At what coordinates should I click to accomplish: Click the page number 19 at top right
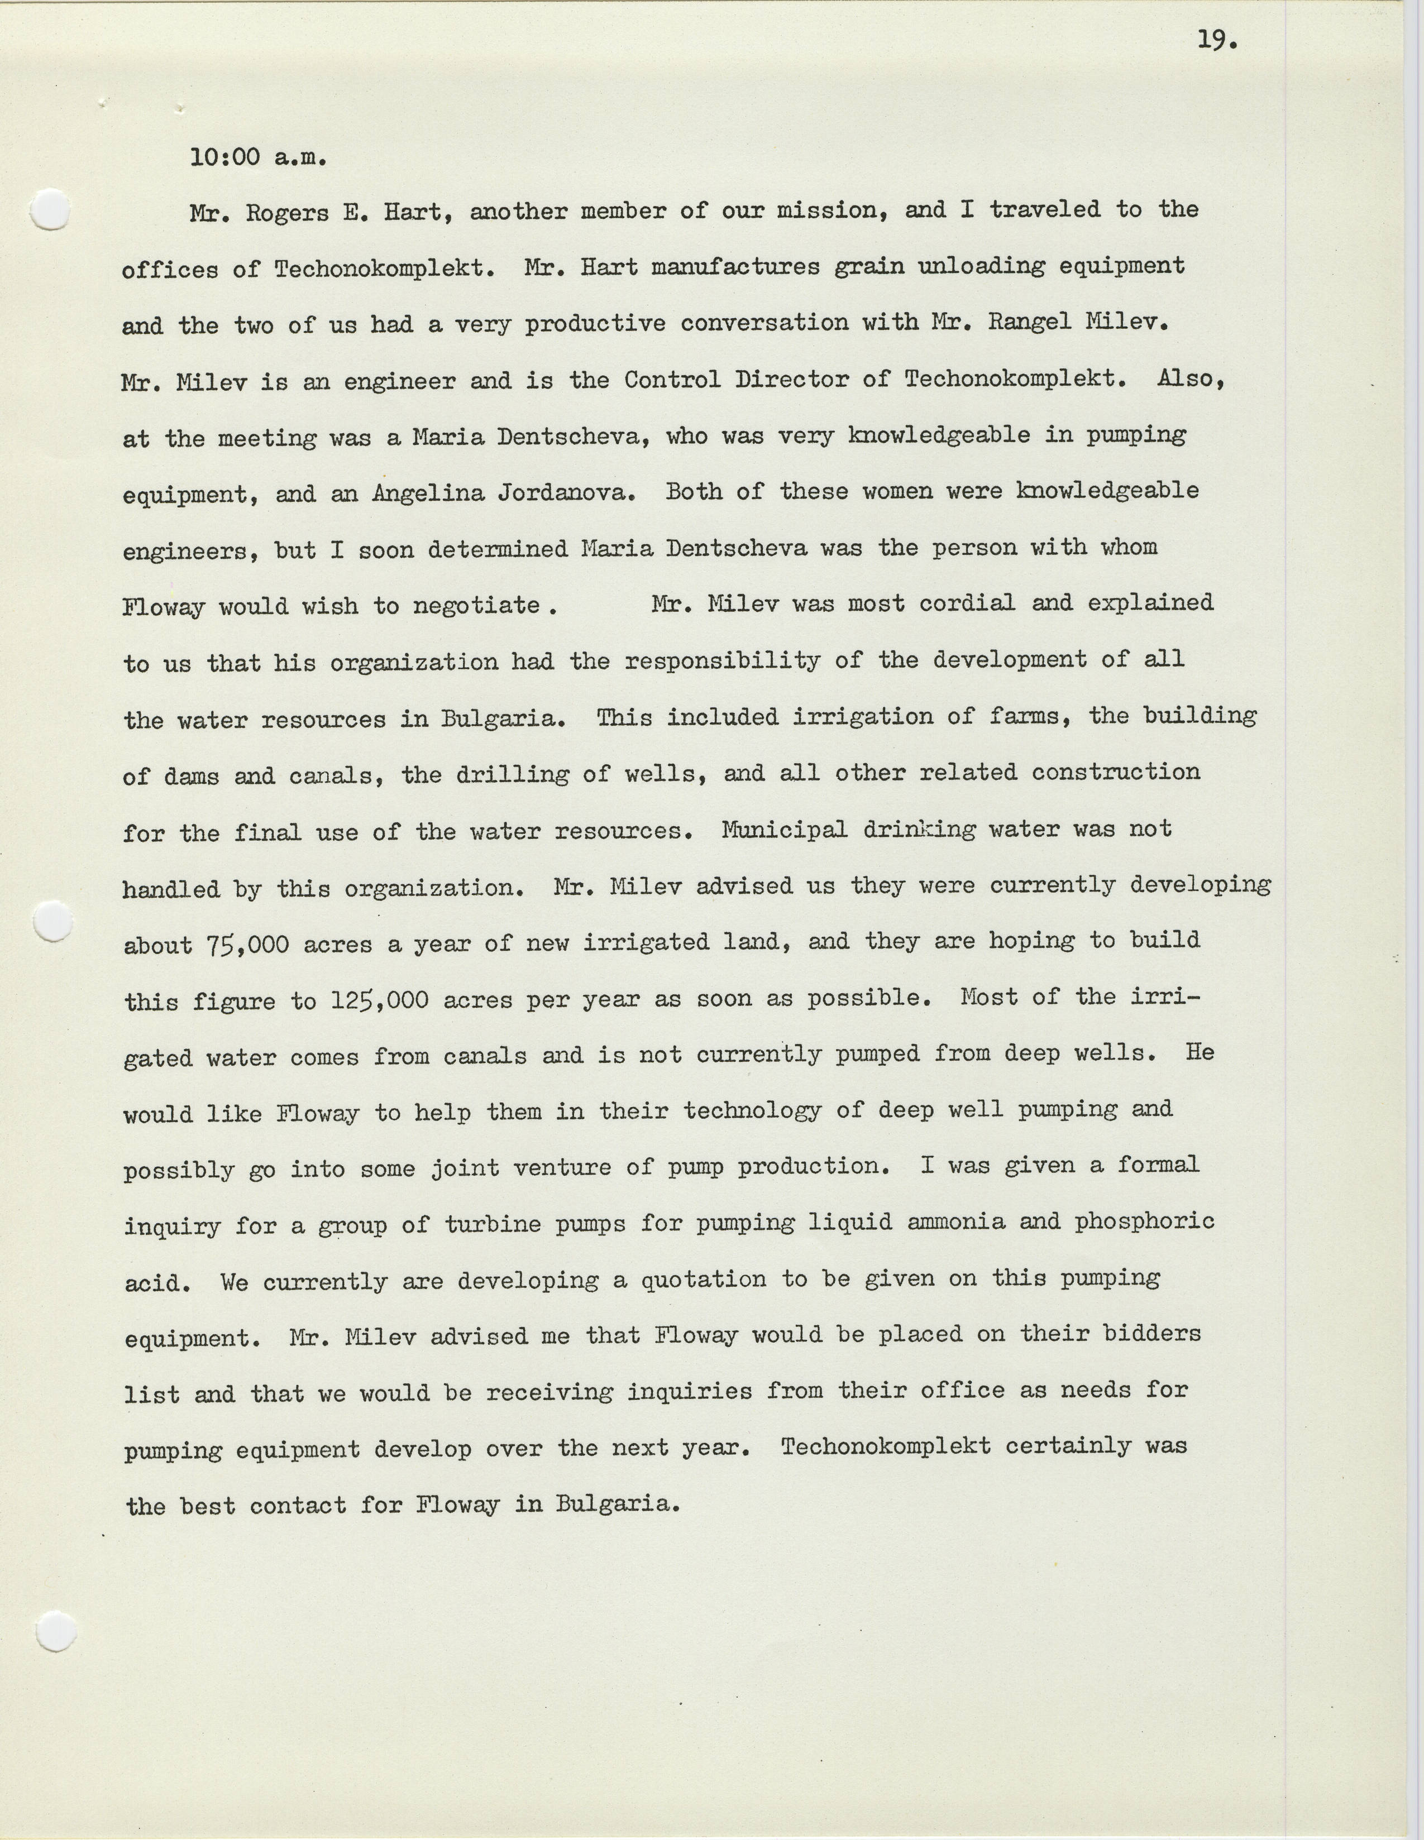click(x=1216, y=40)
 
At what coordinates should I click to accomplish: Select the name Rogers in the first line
click(x=286, y=212)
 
